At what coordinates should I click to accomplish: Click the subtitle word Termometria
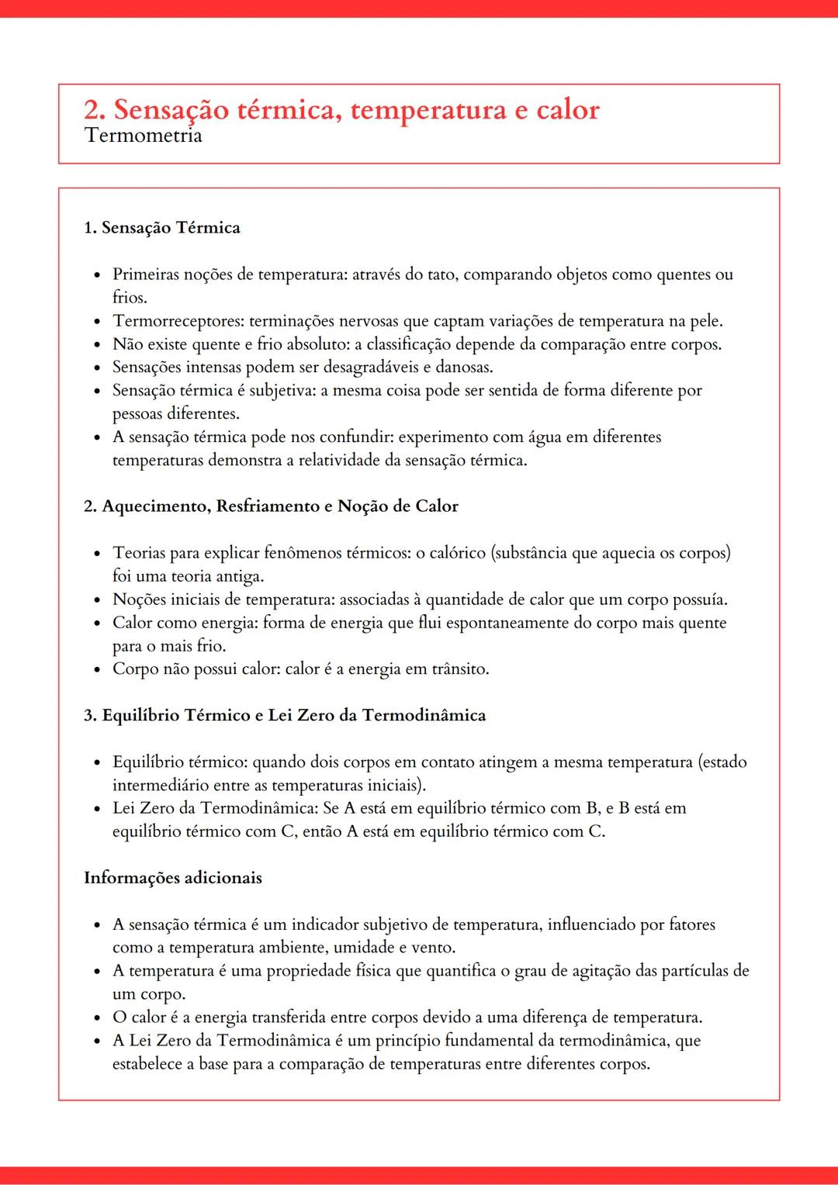point(144,136)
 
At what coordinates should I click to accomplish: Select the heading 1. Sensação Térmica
point(162,228)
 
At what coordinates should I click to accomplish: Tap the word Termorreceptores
point(178,321)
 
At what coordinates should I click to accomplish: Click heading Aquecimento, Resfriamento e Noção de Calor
point(279,506)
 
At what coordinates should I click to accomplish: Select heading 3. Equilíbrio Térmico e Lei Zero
point(285,715)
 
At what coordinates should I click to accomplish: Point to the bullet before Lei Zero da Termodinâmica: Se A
point(96,809)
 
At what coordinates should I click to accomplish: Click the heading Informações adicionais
point(173,878)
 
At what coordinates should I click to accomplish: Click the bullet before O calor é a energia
point(96,1017)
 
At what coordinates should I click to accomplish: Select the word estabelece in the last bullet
point(147,1064)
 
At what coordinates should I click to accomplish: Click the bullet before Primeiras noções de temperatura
point(96,275)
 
